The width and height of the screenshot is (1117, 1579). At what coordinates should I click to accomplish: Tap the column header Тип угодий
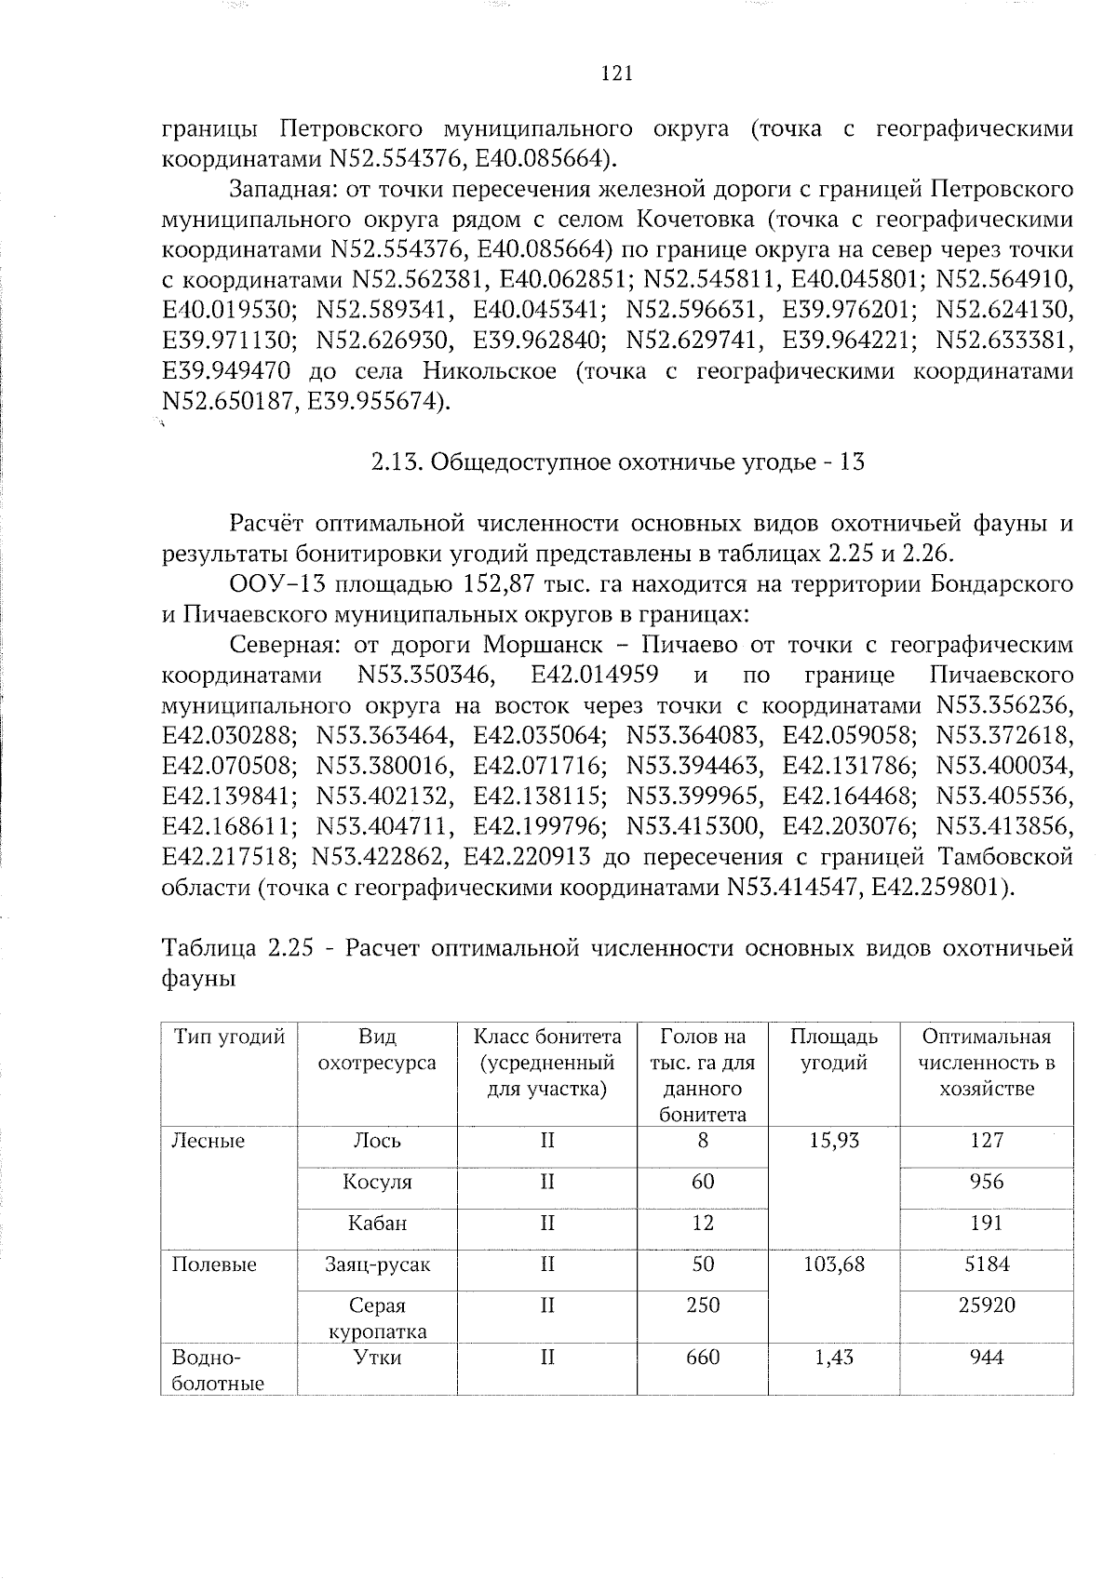coord(229,1037)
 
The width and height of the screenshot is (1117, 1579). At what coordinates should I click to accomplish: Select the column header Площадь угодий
coord(833,1050)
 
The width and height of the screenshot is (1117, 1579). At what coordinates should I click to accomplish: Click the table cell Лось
coord(377,1141)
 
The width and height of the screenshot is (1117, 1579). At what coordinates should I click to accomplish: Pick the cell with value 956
coord(986,1182)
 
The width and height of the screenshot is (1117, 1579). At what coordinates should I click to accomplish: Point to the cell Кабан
coord(377,1223)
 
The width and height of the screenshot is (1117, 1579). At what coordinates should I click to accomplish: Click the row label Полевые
coord(214,1264)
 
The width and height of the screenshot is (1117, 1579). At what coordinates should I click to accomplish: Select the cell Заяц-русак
coord(377,1264)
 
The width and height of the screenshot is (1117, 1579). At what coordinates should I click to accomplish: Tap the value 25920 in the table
coord(986,1305)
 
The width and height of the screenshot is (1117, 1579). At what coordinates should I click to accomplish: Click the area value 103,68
coord(833,1264)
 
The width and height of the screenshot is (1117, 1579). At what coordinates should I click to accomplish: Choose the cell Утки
coord(377,1357)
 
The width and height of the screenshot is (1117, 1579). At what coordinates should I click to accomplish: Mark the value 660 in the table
coord(702,1357)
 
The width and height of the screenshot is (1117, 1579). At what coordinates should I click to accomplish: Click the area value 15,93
coord(833,1141)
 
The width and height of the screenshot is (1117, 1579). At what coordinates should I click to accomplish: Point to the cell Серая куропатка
coord(377,1318)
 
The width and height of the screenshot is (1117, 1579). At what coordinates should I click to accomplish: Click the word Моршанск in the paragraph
coord(537,645)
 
